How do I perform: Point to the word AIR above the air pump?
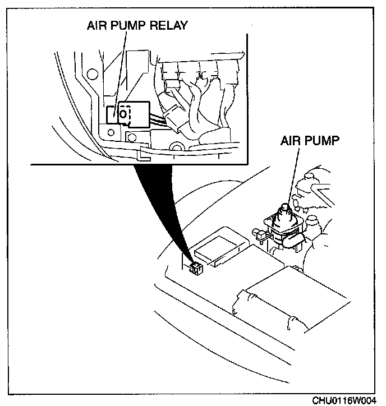[289, 140]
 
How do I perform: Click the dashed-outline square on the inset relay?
[125, 114]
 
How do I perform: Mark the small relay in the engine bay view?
[195, 268]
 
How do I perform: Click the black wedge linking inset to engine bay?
[168, 207]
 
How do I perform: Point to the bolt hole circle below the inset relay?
[133, 137]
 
